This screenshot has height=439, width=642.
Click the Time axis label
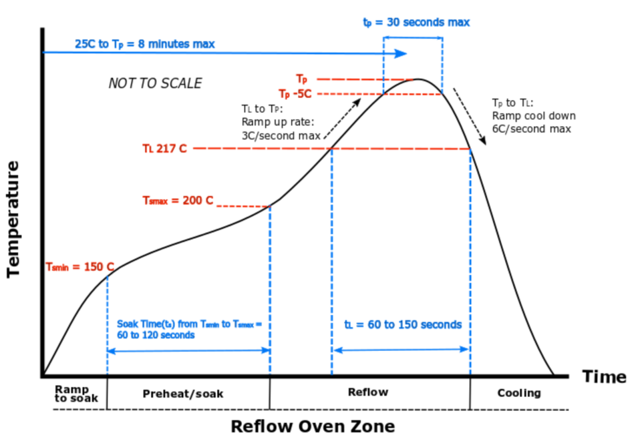point(604,377)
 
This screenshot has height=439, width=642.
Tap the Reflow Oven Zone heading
point(313,426)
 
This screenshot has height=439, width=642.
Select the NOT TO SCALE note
point(155,83)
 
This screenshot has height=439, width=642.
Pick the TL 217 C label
point(164,149)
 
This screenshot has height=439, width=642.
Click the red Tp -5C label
point(296,93)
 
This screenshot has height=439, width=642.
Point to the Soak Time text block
point(190,329)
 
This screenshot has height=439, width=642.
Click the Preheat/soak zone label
point(182,394)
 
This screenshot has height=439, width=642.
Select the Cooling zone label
point(519,393)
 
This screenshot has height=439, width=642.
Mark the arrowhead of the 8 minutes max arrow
point(403,53)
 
